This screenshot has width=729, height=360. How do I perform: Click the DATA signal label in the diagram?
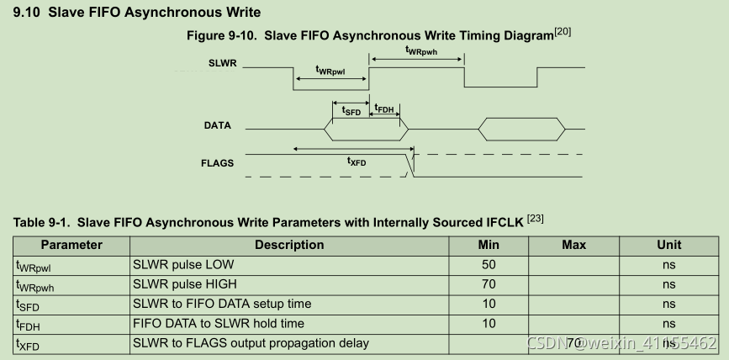tap(218, 126)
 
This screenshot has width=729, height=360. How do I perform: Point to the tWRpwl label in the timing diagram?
tap(329, 71)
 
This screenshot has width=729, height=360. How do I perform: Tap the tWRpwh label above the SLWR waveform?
tap(420, 50)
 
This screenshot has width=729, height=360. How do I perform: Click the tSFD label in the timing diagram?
tap(351, 109)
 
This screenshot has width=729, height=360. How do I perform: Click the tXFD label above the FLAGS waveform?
tap(357, 161)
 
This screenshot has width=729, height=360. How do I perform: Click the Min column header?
tap(489, 245)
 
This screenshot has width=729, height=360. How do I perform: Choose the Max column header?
tap(573, 245)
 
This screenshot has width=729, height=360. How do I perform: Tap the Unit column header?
tap(668, 245)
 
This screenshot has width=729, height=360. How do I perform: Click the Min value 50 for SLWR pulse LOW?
tap(489, 265)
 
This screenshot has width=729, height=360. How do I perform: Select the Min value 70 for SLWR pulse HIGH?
tap(489, 284)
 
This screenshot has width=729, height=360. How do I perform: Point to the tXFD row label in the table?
tap(29, 344)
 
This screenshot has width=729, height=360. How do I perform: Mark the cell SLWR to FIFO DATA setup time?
tap(222, 304)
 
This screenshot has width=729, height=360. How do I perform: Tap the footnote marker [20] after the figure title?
tap(563, 32)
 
